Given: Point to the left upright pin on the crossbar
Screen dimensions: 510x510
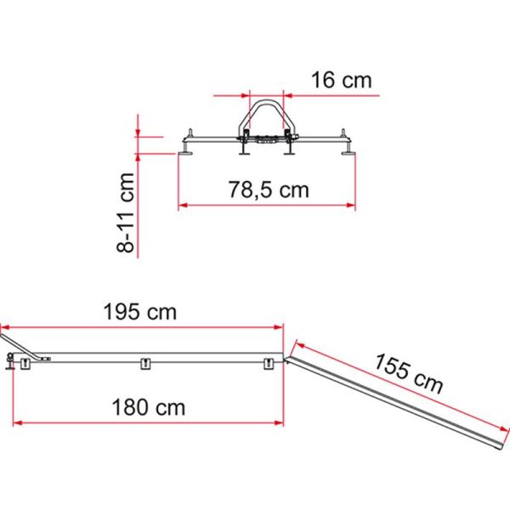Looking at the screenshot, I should click(190, 134).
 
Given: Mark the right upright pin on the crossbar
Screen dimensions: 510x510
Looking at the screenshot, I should click(343, 134).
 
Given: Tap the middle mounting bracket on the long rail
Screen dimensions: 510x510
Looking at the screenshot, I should click(145, 364).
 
